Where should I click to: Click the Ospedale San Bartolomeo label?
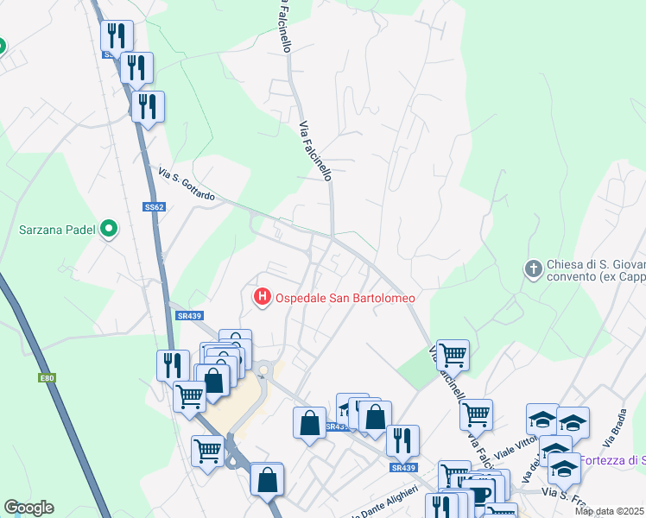345,298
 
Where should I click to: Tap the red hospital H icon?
262,297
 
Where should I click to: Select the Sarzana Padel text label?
58,230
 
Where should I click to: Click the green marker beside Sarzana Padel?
108,229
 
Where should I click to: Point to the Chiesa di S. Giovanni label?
596,264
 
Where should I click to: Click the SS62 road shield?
154,207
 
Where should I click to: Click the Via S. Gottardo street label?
180,183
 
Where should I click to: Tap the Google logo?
28,508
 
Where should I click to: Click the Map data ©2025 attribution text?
610,511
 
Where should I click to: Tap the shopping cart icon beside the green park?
453,354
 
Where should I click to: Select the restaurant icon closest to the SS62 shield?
148,106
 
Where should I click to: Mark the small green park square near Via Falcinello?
419,371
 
